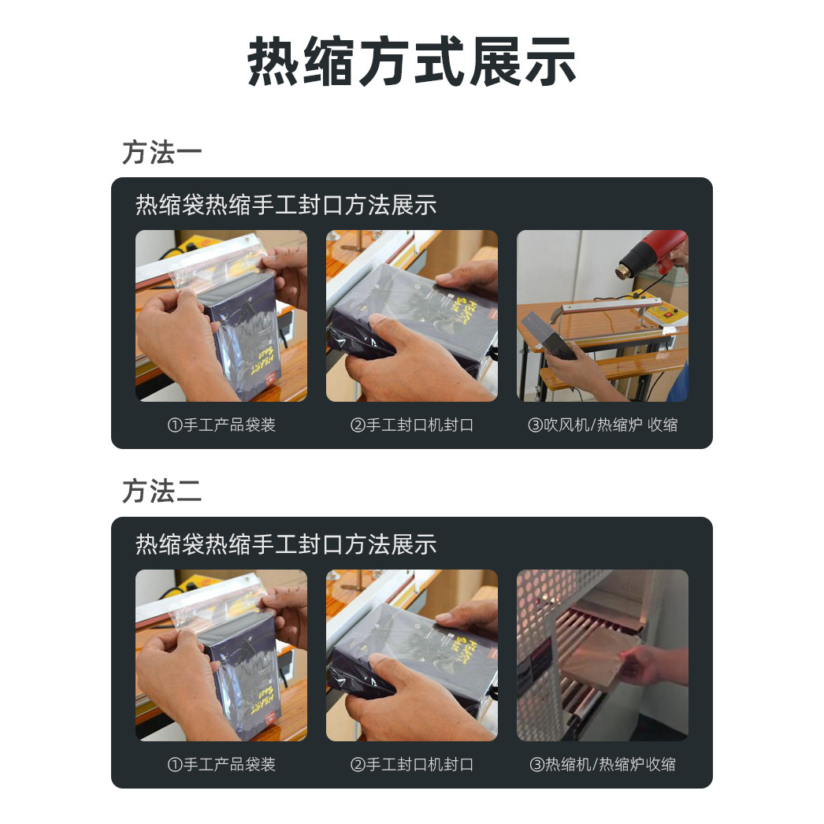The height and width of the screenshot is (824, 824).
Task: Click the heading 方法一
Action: pos(161,153)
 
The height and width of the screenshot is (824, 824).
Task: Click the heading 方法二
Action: pos(161,492)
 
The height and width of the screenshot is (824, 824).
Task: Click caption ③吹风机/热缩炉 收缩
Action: pos(602,425)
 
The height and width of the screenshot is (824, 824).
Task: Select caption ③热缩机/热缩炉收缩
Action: pos(602,764)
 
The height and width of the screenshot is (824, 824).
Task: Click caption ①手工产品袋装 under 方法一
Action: pos(221,425)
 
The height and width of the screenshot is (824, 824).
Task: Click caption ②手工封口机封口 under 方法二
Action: pos(411,764)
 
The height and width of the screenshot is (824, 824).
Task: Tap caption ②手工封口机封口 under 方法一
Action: pos(411,425)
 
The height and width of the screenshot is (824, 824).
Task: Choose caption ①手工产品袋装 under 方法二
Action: pos(221,764)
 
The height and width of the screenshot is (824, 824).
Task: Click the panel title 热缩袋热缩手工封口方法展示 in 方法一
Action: pos(286,206)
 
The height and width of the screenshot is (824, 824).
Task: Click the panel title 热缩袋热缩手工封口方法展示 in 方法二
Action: pos(286,544)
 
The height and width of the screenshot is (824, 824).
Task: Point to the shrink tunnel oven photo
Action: pos(602,655)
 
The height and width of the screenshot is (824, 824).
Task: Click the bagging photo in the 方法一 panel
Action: pos(221,315)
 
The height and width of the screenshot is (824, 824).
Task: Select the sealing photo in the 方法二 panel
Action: pos(411,655)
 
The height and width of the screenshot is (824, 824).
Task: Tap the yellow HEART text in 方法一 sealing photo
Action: pos(457,303)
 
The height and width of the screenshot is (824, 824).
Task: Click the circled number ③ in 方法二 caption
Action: pos(536,764)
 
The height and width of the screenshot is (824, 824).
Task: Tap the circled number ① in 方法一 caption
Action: pos(175,425)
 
